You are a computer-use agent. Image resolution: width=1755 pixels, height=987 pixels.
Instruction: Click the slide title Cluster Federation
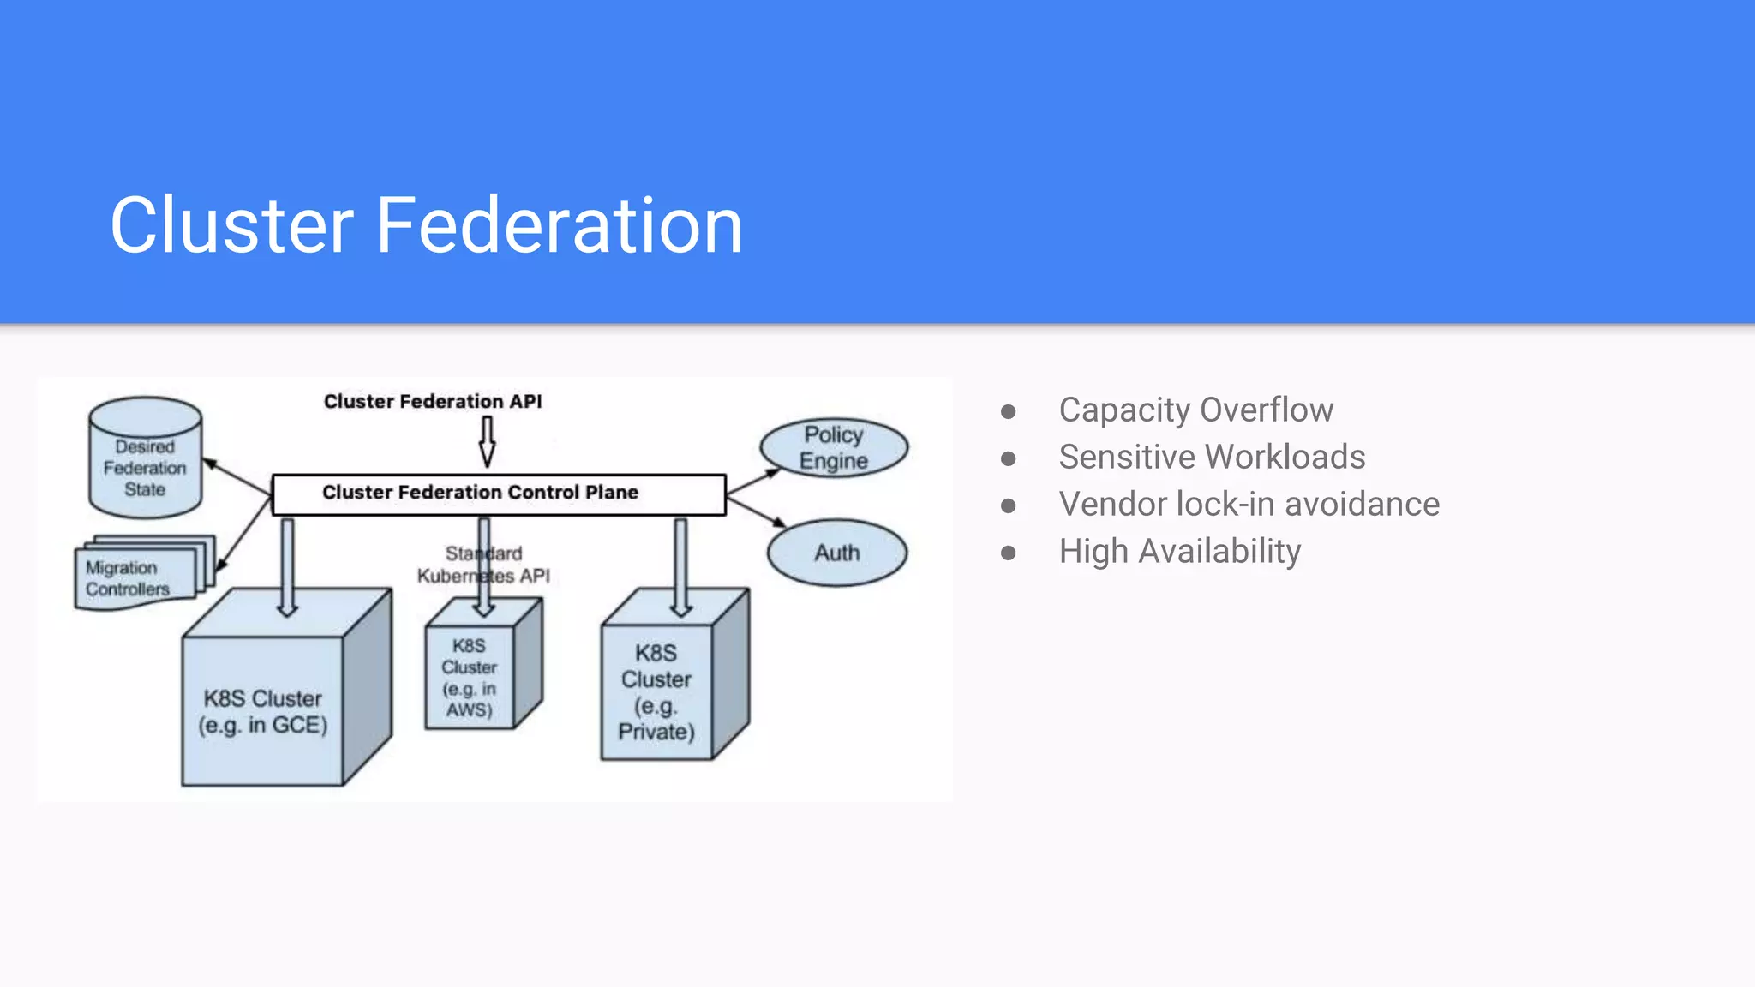[x=426, y=225]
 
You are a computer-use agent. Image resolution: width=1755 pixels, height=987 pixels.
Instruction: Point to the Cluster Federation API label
[x=433, y=401]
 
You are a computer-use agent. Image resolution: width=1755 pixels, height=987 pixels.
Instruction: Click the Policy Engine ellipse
[x=833, y=447]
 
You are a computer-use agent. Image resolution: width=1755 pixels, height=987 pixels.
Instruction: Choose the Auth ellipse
[x=836, y=553]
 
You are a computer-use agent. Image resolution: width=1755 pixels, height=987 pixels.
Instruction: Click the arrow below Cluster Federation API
[x=487, y=440]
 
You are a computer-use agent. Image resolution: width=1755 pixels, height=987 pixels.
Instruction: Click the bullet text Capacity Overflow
[x=1195, y=410]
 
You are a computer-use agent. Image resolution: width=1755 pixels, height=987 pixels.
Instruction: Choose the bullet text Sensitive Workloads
[x=1212, y=457]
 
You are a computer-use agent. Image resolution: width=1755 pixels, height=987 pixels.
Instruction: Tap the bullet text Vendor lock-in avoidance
[x=1249, y=504]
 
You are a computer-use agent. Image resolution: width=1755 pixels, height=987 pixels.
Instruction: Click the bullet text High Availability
[x=1179, y=551]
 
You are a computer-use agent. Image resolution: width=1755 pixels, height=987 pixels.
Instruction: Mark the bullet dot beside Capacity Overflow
[x=1009, y=411]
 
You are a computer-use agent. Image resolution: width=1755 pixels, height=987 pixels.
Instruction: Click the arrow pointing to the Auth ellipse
[x=756, y=511]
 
